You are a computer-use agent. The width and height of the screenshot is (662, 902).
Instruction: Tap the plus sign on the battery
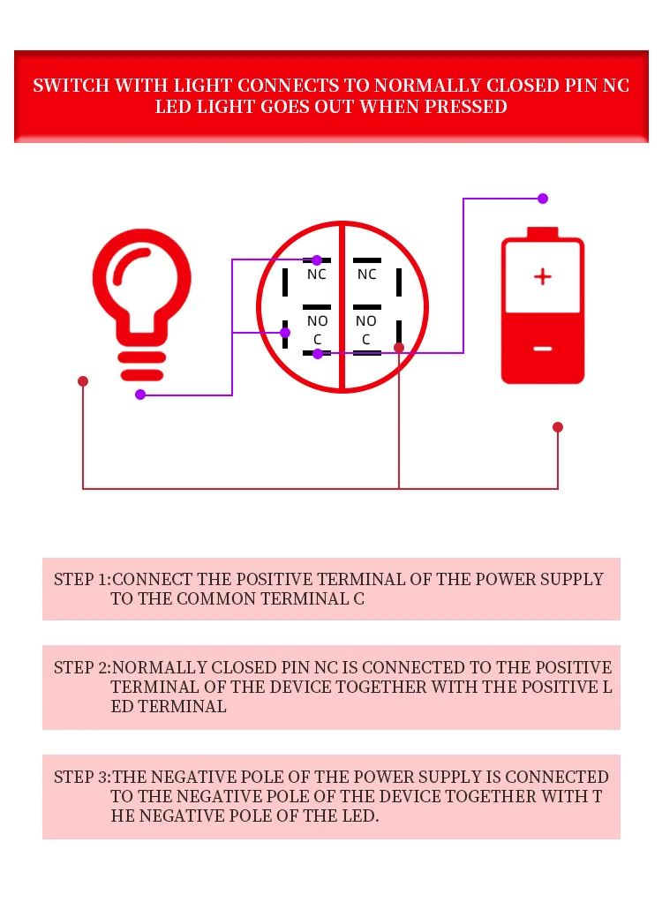pos(543,277)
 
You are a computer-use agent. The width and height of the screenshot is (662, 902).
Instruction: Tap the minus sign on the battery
pos(543,349)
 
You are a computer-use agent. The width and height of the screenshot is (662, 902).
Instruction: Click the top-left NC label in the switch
pos(317,274)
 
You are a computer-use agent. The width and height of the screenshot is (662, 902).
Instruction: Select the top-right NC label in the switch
pos(367,274)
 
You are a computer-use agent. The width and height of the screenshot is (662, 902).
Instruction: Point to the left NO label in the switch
pos(317,321)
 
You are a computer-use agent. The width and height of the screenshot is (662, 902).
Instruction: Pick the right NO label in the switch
pos(366,321)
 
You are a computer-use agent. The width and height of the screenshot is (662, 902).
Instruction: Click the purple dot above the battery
pos(543,199)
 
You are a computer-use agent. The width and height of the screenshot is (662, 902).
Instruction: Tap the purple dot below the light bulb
pos(140,395)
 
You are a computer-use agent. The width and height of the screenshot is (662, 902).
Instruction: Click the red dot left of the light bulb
pos(83,381)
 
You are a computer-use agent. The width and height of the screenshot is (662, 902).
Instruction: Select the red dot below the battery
pos(558,427)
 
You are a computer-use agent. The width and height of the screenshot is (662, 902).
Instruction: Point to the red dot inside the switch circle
pos(399,348)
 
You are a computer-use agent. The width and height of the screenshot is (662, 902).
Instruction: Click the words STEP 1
pos(81,580)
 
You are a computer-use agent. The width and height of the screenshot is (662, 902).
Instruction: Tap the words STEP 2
pos(81,668)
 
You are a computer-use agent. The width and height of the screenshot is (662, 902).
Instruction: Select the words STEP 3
pos(81,778)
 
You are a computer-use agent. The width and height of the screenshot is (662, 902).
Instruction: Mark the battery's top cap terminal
pos(543,233)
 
